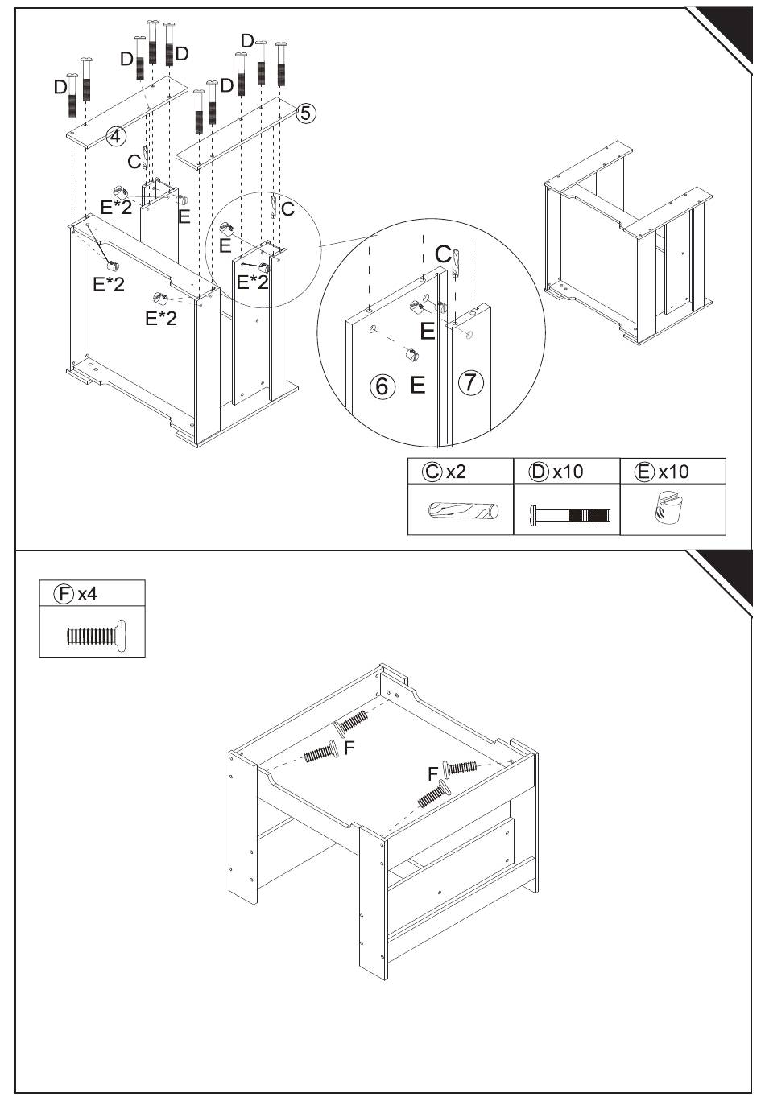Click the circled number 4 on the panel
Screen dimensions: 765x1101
(116, 136)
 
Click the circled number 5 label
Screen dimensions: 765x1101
(305, 113)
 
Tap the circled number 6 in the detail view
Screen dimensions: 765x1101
(382, 386)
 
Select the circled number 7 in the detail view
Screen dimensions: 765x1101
(471, 382)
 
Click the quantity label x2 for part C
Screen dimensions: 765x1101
(456, 472)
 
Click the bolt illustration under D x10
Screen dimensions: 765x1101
(570, 515)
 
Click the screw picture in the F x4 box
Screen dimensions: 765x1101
(97, 636)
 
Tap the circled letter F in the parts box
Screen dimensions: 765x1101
(64, 594)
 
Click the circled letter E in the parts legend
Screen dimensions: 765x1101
(644, 472)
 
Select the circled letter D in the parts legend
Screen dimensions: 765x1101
(539, 472)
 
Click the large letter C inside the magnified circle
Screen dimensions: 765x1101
(443, 254)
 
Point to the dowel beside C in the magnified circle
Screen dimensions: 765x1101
(456, 264)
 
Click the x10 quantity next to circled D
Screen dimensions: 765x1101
(568, 472)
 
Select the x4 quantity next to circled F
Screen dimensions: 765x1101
(88, 594)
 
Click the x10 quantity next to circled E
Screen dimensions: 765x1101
(673, 472)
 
